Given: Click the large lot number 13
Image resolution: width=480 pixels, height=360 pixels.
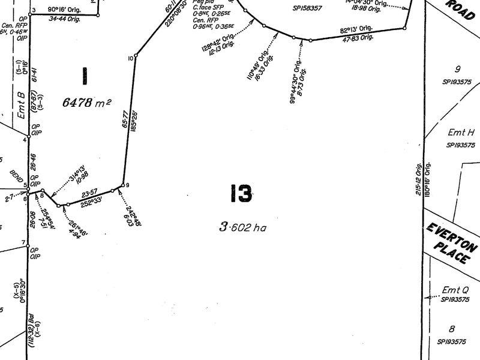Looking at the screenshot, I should click(240, 194).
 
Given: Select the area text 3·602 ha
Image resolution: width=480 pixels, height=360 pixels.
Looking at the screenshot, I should click(242, 227).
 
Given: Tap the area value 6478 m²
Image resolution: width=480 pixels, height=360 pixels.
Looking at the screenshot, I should click(86, 103).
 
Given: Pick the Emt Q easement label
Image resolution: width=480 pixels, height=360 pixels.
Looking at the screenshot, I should click(454, 290).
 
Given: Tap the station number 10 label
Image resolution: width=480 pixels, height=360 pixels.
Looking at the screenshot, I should click(130, 58).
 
